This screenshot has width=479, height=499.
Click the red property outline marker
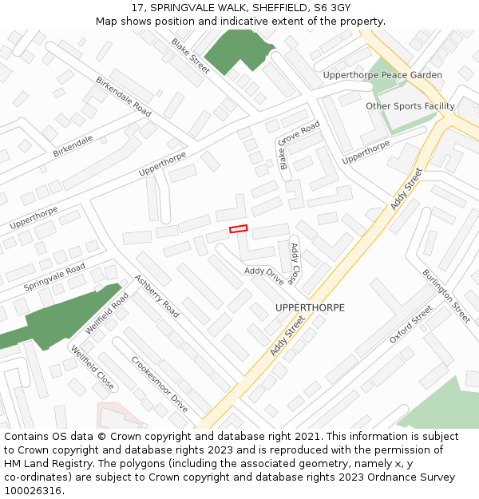239,229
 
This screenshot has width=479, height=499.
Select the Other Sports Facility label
410,106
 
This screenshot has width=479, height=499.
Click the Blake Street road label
190,55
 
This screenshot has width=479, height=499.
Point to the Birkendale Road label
124,97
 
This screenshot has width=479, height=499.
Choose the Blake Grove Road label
299,145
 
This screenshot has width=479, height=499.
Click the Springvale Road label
54,277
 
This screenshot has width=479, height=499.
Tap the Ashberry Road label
156,296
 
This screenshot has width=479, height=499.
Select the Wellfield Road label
107,313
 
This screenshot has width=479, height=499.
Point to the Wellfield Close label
91,368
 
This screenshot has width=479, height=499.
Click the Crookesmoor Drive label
160,384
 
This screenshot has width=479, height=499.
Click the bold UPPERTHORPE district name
310,307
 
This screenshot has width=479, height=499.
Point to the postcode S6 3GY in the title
329,7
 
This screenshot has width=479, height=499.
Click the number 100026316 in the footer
33,490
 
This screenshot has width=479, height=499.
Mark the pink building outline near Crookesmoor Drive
112,414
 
